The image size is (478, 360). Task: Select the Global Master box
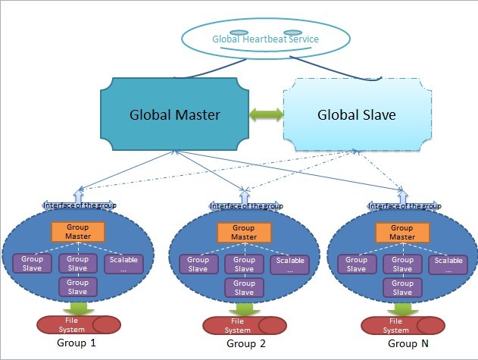coord(175,116)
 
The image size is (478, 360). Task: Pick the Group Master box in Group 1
coord(77,232)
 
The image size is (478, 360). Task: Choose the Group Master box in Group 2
coord(244,232)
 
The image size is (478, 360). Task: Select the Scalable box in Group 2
coord(289,265)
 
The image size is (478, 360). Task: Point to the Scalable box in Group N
coord(448,265)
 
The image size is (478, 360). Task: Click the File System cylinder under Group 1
coord(77,324)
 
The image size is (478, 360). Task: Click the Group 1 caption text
coord(77,343)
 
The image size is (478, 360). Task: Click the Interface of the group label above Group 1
coord(79,205)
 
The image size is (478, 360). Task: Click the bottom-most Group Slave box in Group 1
coord(77,286)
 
